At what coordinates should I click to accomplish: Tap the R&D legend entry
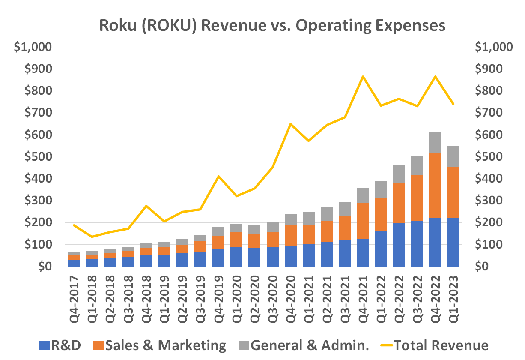point(60,345)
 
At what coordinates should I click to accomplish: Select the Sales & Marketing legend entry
point(159,345)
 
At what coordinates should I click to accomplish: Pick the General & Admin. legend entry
point(304,345)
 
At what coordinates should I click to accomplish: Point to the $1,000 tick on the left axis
point(33,47)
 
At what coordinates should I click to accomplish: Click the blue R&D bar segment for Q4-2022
point(435,242)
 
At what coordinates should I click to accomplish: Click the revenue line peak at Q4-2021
point(363,77)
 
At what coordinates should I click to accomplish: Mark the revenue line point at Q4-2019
point(218,176)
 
